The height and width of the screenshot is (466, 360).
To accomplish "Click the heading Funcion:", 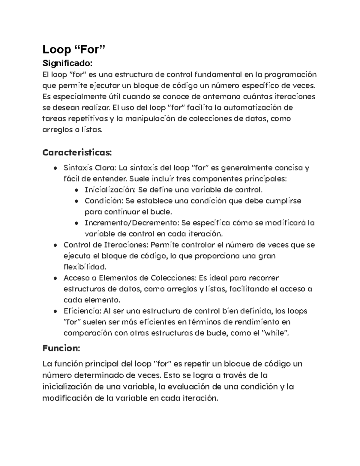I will [x=61, y=348].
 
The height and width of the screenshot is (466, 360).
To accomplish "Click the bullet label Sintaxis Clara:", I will [x=90, y=168].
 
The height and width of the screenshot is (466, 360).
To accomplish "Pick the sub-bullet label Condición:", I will [x=104, y=201].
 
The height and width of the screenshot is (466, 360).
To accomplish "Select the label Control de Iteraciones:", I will [x=106, y=245].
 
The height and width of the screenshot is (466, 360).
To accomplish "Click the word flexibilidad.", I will [x=85, y=267].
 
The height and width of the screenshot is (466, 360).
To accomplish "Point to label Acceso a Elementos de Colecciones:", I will [x=130, y=278].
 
